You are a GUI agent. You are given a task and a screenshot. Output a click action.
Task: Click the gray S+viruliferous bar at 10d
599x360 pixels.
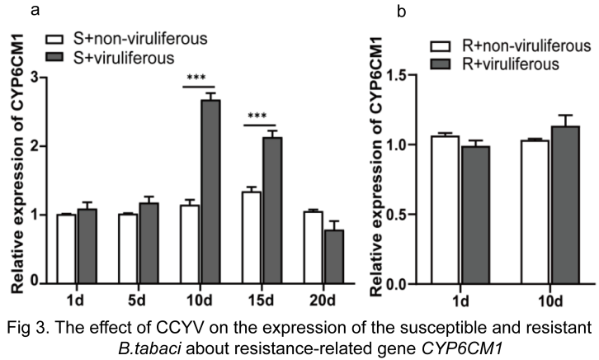coord(211,192)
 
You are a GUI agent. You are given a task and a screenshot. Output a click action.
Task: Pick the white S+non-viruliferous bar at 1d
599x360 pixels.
coord(65,249)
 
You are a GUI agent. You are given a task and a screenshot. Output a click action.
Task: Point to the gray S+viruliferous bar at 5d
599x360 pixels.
coord(148,244)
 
